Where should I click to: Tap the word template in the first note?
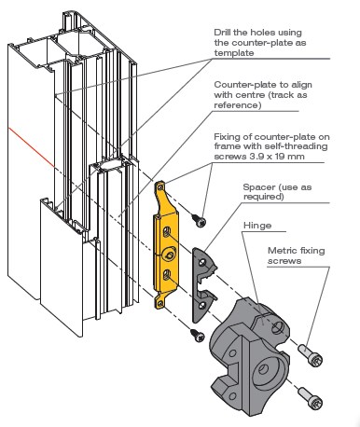click(234, 53)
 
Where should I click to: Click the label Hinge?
click(257, 226)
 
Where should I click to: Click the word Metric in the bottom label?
click(281, 251)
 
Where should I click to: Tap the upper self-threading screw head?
click(201, 222)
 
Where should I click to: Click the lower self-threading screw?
click(198, 335)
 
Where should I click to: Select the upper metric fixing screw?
click(311, 355)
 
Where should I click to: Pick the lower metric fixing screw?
click(311, 397)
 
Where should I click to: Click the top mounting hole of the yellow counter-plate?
click(160, 187)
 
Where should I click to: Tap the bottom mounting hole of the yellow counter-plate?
click(160, 303)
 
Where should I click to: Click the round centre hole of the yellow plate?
click(170, 255)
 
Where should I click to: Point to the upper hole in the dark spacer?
click(202, 262)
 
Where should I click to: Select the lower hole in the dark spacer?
click(202, 305)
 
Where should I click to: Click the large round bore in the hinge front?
click(263, 370)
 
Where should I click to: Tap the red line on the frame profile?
click(31, 146)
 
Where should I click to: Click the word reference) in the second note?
click(238, 105)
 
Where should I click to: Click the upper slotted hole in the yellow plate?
click(167, 231)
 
